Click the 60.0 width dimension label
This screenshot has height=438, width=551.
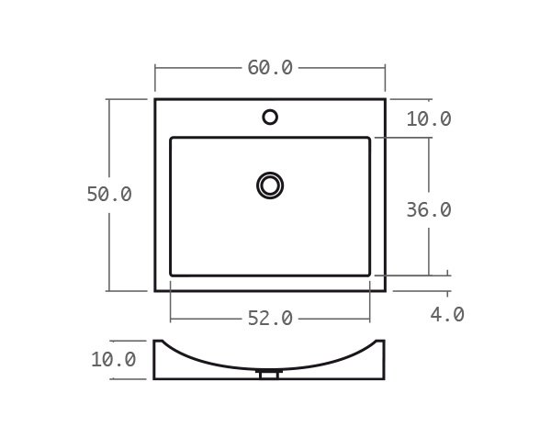click(270, 68)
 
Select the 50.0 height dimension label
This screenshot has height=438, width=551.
click(109, 195)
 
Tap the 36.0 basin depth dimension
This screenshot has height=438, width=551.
click(429, 209)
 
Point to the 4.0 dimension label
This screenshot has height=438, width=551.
click(447, 315)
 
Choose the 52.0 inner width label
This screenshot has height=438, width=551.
click(270, 319)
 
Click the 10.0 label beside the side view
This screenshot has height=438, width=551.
click(113, 360)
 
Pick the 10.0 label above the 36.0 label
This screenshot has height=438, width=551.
click(429, 119)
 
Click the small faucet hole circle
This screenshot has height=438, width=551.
click(270, 117)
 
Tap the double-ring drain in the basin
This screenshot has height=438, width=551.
click(270, 185)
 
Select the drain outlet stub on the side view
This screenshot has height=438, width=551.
click(270, 374)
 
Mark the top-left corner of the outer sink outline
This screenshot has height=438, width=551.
click(155, 99)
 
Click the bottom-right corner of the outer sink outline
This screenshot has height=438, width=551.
click(385, 290)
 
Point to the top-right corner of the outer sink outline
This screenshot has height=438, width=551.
click(385, 99)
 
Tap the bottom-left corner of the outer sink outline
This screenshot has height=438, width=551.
click(155, 290)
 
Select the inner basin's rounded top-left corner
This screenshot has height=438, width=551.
click(173, 140)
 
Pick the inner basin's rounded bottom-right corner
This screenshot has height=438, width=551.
click(368, 274)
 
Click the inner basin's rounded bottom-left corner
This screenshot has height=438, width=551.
click(173, 274)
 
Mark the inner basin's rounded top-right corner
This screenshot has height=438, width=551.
click(368, 140)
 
